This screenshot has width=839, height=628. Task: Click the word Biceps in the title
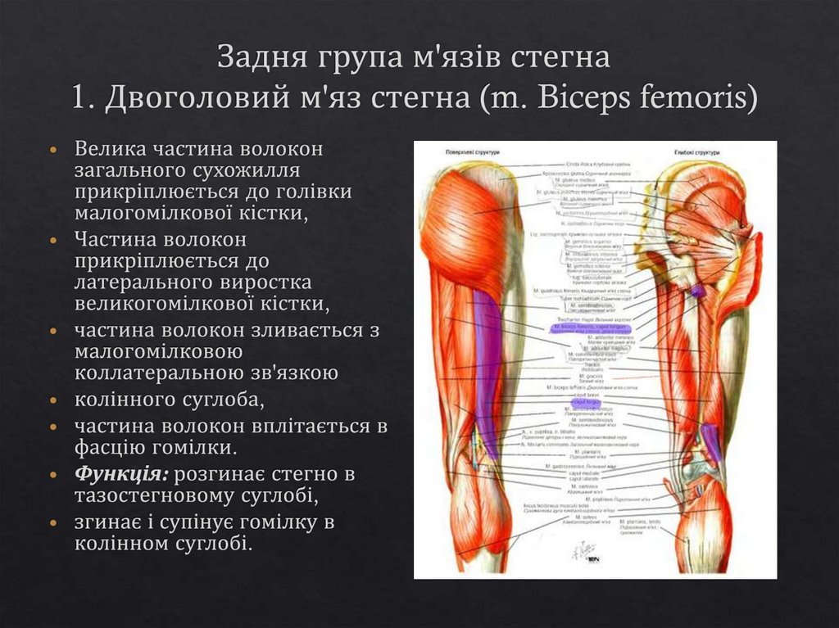[x=571, y=98]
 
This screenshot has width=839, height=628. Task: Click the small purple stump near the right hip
[x=696, y=291]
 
